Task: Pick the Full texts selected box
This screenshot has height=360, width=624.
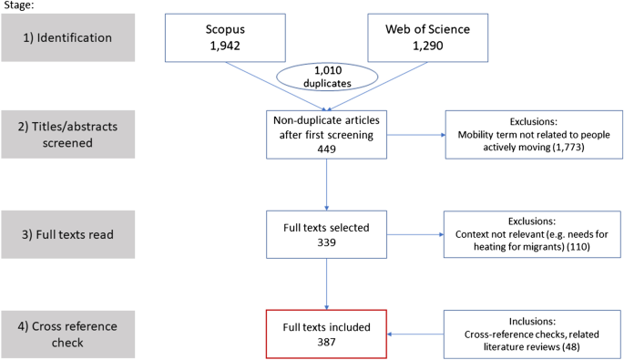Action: (x=325, y=236)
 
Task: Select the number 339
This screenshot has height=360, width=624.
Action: (x=325, y=243)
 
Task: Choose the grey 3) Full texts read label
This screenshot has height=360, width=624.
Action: (x=70, y=237)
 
